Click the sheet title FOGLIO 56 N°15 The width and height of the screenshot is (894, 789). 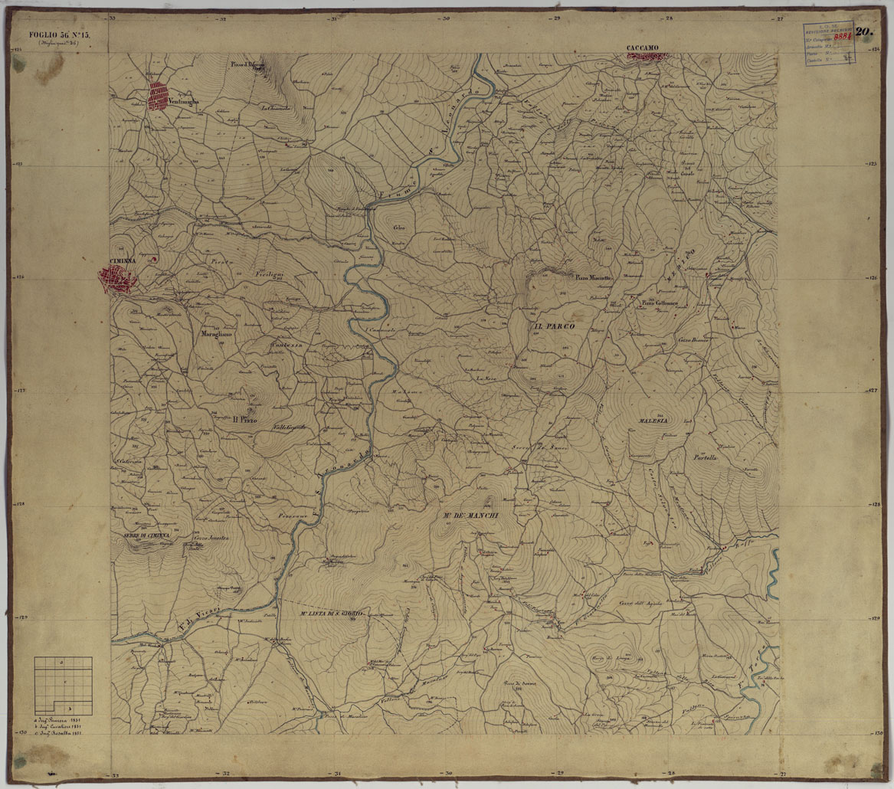(x=54, y=34)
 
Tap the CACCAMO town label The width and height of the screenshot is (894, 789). (x=642, y=48)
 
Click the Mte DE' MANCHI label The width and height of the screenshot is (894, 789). (x=470, y=516)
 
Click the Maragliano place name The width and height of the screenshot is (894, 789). (x=215, y=335)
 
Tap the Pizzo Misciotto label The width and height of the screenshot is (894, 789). (x=594, y=277)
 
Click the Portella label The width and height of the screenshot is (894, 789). (x=705, y=458)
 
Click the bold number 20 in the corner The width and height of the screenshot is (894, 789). (x=865, y=32)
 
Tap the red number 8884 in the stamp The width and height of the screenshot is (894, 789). (x=843, y=35)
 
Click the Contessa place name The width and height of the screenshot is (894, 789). (x=287, y=345)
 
